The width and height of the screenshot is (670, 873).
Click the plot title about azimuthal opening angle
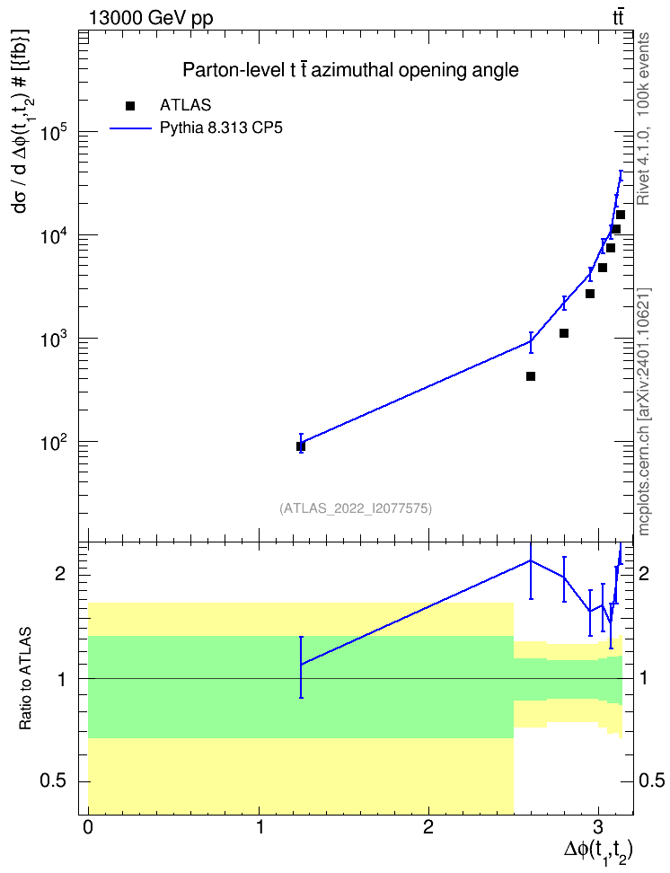click(x=350, y=70)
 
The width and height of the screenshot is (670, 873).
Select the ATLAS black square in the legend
click(x=130, y=105)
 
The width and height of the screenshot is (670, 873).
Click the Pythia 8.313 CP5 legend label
click(x=221, y=128)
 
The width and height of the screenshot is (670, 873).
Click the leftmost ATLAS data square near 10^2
click(x=301, y=446)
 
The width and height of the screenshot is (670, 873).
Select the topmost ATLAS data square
click(x=621, y=215)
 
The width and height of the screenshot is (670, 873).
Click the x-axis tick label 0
click(x=88, y=826)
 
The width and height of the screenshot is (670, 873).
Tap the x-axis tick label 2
click(x=428, y=826)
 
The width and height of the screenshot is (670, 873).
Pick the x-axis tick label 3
click(x=598, y=826)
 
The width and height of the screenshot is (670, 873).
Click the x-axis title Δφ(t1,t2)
click(x=599, y=851)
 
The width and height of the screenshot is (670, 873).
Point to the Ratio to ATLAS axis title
click(x=25, y=679)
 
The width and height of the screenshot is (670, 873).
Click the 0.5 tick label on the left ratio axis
click(x=53, y=781)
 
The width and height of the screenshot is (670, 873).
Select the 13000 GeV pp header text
click(x=150, y=18)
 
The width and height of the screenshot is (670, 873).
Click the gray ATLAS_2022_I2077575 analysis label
click(x=356, y=507)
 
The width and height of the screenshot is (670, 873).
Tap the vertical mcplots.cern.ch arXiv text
click(x=643, y=411)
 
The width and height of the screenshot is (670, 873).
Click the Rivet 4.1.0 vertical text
click(x=643, y=119)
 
